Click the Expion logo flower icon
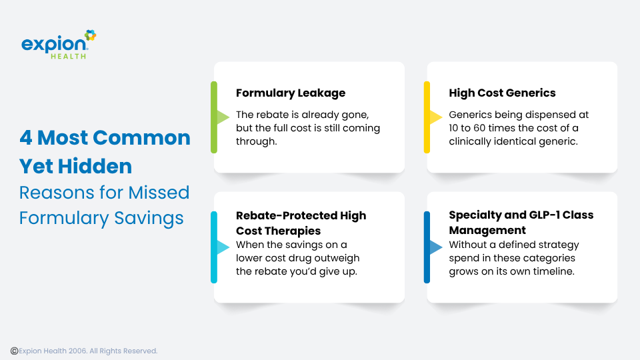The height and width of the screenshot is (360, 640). pos(90,35)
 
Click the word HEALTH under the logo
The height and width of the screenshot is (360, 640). pos(69,56)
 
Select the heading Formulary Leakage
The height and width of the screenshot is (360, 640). pos(291,93)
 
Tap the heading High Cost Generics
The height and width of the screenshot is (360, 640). pos(502,93)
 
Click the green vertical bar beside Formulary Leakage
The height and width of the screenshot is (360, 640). pos(214,117)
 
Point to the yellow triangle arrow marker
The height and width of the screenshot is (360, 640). pos(436,117)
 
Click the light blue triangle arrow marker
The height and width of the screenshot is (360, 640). pos(223,247)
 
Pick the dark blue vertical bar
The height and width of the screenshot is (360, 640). pos(427,247)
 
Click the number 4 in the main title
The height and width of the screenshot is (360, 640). pos(26,138)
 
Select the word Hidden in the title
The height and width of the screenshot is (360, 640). pos(95,166)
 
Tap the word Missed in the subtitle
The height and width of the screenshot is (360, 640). pos(159,193)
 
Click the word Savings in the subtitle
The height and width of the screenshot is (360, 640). pos(149,219)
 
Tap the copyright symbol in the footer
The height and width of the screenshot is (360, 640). pos(14,351)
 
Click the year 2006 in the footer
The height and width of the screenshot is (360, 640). pos(77,351)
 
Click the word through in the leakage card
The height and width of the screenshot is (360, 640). pos(256,141)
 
